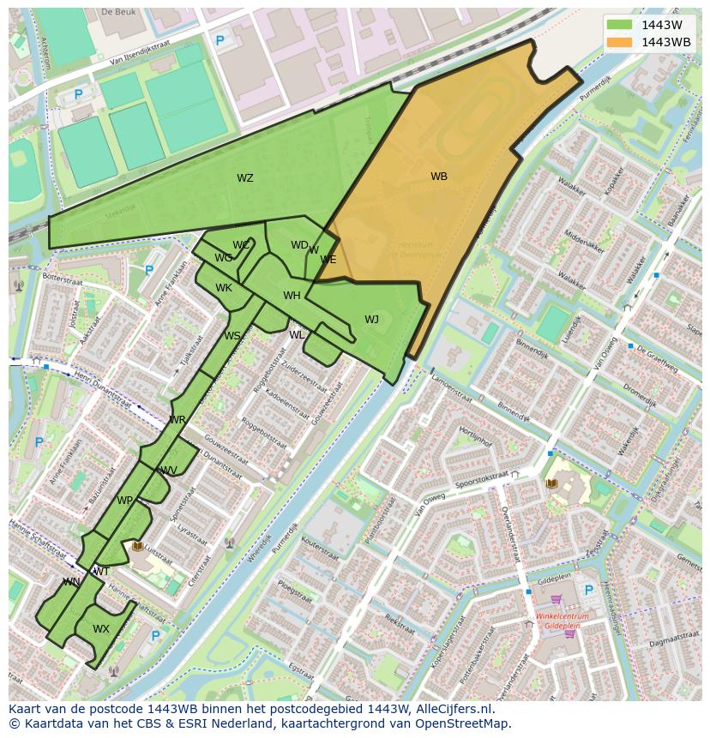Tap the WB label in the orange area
coord(438,177)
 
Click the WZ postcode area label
coord(245,178)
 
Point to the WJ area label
coord(371,320)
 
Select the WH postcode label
coord(292,296)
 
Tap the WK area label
coord(224,288)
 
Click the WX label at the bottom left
coord(101,629)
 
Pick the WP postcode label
coord(125,501)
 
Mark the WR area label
coord(177,420)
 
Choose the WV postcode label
coord(169,471)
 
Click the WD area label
coord(299,245)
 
